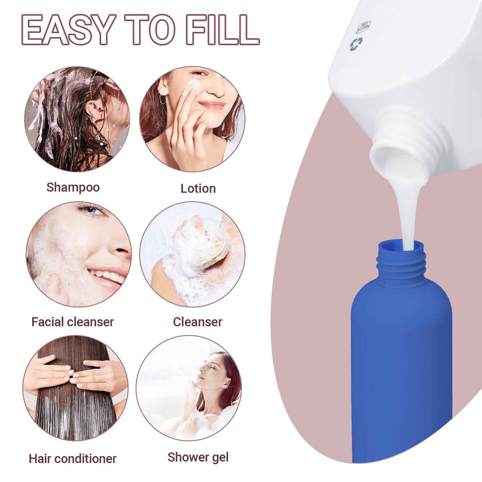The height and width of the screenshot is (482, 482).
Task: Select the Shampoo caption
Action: coord(73,187)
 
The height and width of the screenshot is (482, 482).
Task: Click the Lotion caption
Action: coord(198,188)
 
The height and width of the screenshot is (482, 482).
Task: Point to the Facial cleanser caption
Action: coord(72,322)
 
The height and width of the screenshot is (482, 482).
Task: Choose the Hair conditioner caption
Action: coord(72,459)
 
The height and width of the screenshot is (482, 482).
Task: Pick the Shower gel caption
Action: coord(198,457)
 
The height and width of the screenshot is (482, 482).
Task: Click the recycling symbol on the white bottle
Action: coord(356,44)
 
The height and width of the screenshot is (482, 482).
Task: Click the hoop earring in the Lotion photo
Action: coord(163,99)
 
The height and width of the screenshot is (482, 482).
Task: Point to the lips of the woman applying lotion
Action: coord(212,105)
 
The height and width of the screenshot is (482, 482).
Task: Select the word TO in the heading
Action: coord(150,30)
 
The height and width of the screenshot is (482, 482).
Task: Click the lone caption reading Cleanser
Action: coord(197,322)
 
